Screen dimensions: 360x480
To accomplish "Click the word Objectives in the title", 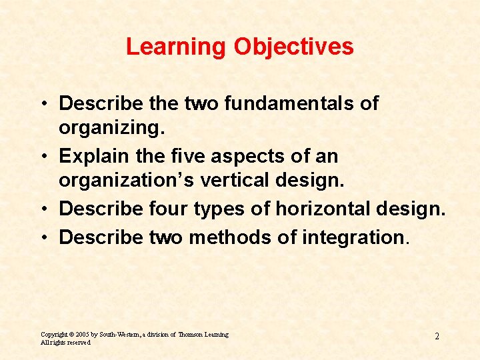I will coord(293,47).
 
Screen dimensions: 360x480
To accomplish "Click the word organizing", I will coord(111,127).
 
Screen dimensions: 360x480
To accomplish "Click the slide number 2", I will coord(437,337).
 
